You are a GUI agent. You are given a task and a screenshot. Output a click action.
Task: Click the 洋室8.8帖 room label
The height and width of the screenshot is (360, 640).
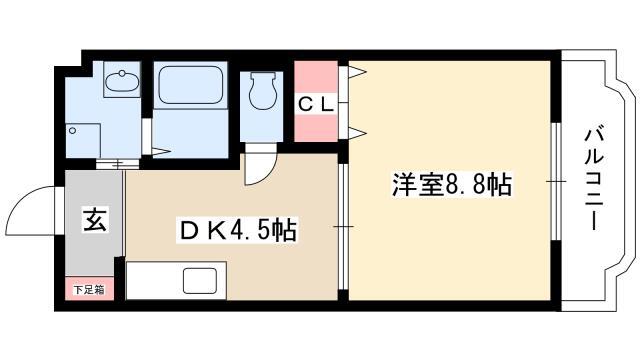452,184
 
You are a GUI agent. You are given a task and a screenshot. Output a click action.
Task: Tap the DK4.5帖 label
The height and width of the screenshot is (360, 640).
237,231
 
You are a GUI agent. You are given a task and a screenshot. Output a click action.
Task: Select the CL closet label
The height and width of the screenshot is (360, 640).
316,105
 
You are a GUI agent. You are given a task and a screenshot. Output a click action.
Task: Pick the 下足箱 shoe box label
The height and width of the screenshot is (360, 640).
89,290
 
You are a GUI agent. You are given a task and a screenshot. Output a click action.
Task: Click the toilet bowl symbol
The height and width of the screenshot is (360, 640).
262,91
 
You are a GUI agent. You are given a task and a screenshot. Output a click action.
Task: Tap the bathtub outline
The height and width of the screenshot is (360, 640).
191,85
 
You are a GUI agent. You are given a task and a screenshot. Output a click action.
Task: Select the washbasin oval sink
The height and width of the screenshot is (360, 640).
122,81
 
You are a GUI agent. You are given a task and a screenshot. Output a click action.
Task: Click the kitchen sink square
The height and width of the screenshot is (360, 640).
200,281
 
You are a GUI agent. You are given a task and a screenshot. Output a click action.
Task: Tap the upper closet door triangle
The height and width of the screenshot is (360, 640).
357,73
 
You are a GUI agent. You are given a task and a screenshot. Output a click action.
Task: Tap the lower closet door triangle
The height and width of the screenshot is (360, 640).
357,133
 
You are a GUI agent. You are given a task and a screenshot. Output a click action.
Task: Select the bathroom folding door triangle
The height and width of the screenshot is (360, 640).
161,152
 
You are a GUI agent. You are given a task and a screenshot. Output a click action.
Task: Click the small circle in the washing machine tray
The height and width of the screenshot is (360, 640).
73,131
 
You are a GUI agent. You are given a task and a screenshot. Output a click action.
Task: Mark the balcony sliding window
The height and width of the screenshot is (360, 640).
555,181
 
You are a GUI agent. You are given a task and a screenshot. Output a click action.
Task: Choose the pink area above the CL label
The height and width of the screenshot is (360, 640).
316,77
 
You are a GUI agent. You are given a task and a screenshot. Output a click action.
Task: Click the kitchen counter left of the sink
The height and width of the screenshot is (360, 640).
154,281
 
